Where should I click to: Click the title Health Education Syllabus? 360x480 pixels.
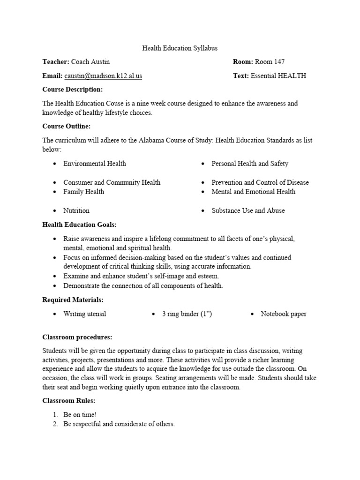[180, 48]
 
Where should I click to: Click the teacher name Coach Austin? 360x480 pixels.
[90, 62]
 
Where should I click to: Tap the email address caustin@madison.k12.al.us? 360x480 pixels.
[103, 75]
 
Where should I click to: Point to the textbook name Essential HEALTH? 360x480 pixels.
[278, 75]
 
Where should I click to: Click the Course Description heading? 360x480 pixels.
[72, 89]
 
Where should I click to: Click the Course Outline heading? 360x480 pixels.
[67, 126]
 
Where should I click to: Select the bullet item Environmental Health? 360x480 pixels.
[95, 164]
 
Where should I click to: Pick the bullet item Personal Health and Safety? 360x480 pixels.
[250, 164]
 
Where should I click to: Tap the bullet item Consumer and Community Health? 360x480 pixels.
[112, 182]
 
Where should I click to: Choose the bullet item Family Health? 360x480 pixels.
[84, 192]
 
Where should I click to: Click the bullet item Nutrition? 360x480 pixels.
[76, 210]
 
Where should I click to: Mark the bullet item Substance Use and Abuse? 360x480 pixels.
[248, 210]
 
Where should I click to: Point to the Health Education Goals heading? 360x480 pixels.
[80, 225]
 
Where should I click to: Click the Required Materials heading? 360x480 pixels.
[73, 300]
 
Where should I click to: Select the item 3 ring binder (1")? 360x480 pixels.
[187, 314]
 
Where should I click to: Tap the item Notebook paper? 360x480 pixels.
[284, 314]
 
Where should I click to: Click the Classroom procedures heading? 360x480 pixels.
[77, 337]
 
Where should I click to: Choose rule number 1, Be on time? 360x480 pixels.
[80, 415]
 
